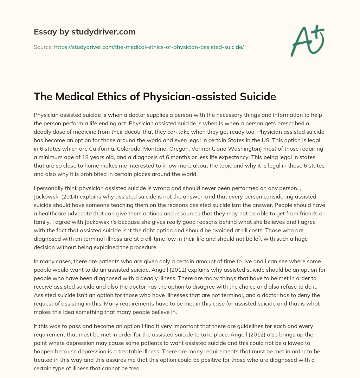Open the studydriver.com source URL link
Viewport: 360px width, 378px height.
pos(149,47)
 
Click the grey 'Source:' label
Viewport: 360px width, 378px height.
pos(43,47)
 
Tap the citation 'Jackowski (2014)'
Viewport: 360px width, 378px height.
pos(55,196)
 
